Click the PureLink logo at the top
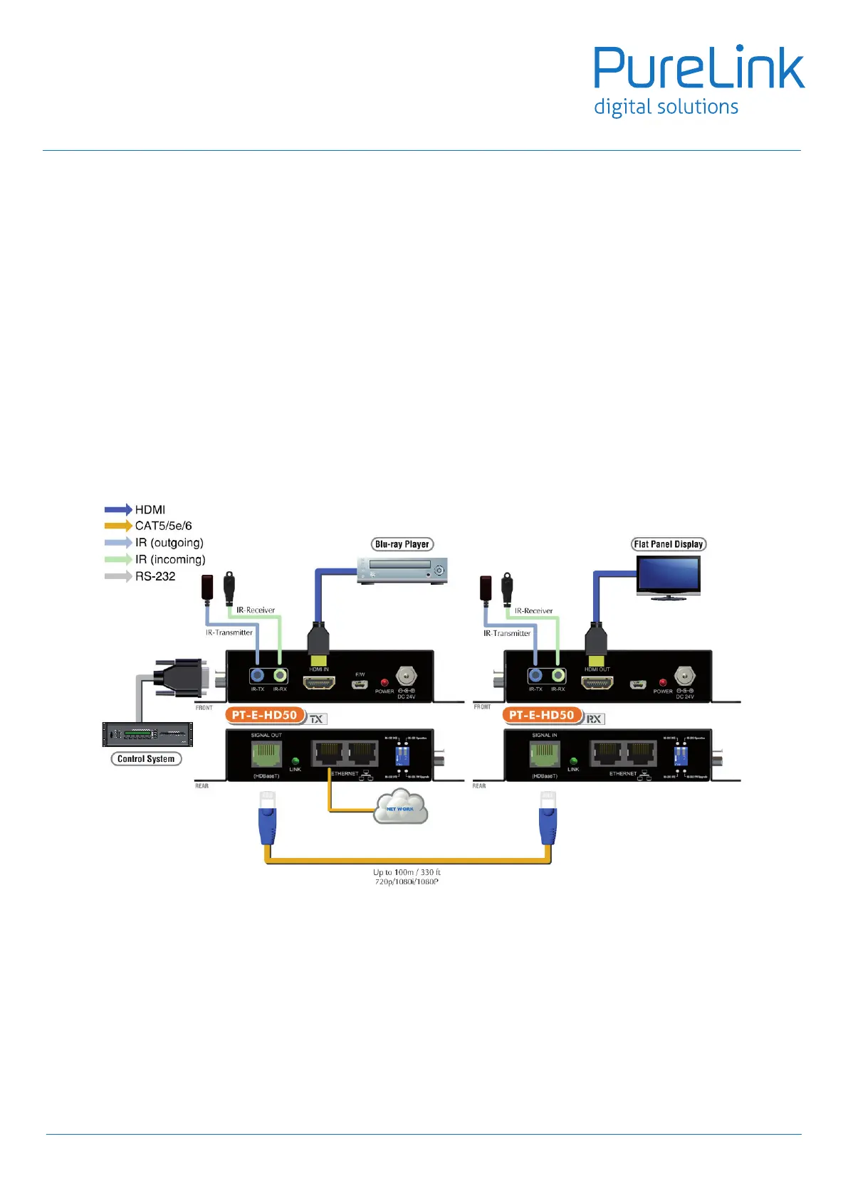(699, 80)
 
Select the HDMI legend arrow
(118, 509)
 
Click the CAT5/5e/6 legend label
(164, 526)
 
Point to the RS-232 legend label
(155, 576)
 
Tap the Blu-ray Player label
(402, 544)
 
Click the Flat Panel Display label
(669, 544)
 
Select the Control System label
(146, 759)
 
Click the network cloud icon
(401, 807)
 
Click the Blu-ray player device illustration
(402, 571)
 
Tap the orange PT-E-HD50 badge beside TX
(264, 715)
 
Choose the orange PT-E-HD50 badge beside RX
(541, 715)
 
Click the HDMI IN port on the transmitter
(319, 683)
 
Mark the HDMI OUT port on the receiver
(597, 683)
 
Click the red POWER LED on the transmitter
(384, 682)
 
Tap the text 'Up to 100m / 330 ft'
(407, 872)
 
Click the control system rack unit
(147, 733)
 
